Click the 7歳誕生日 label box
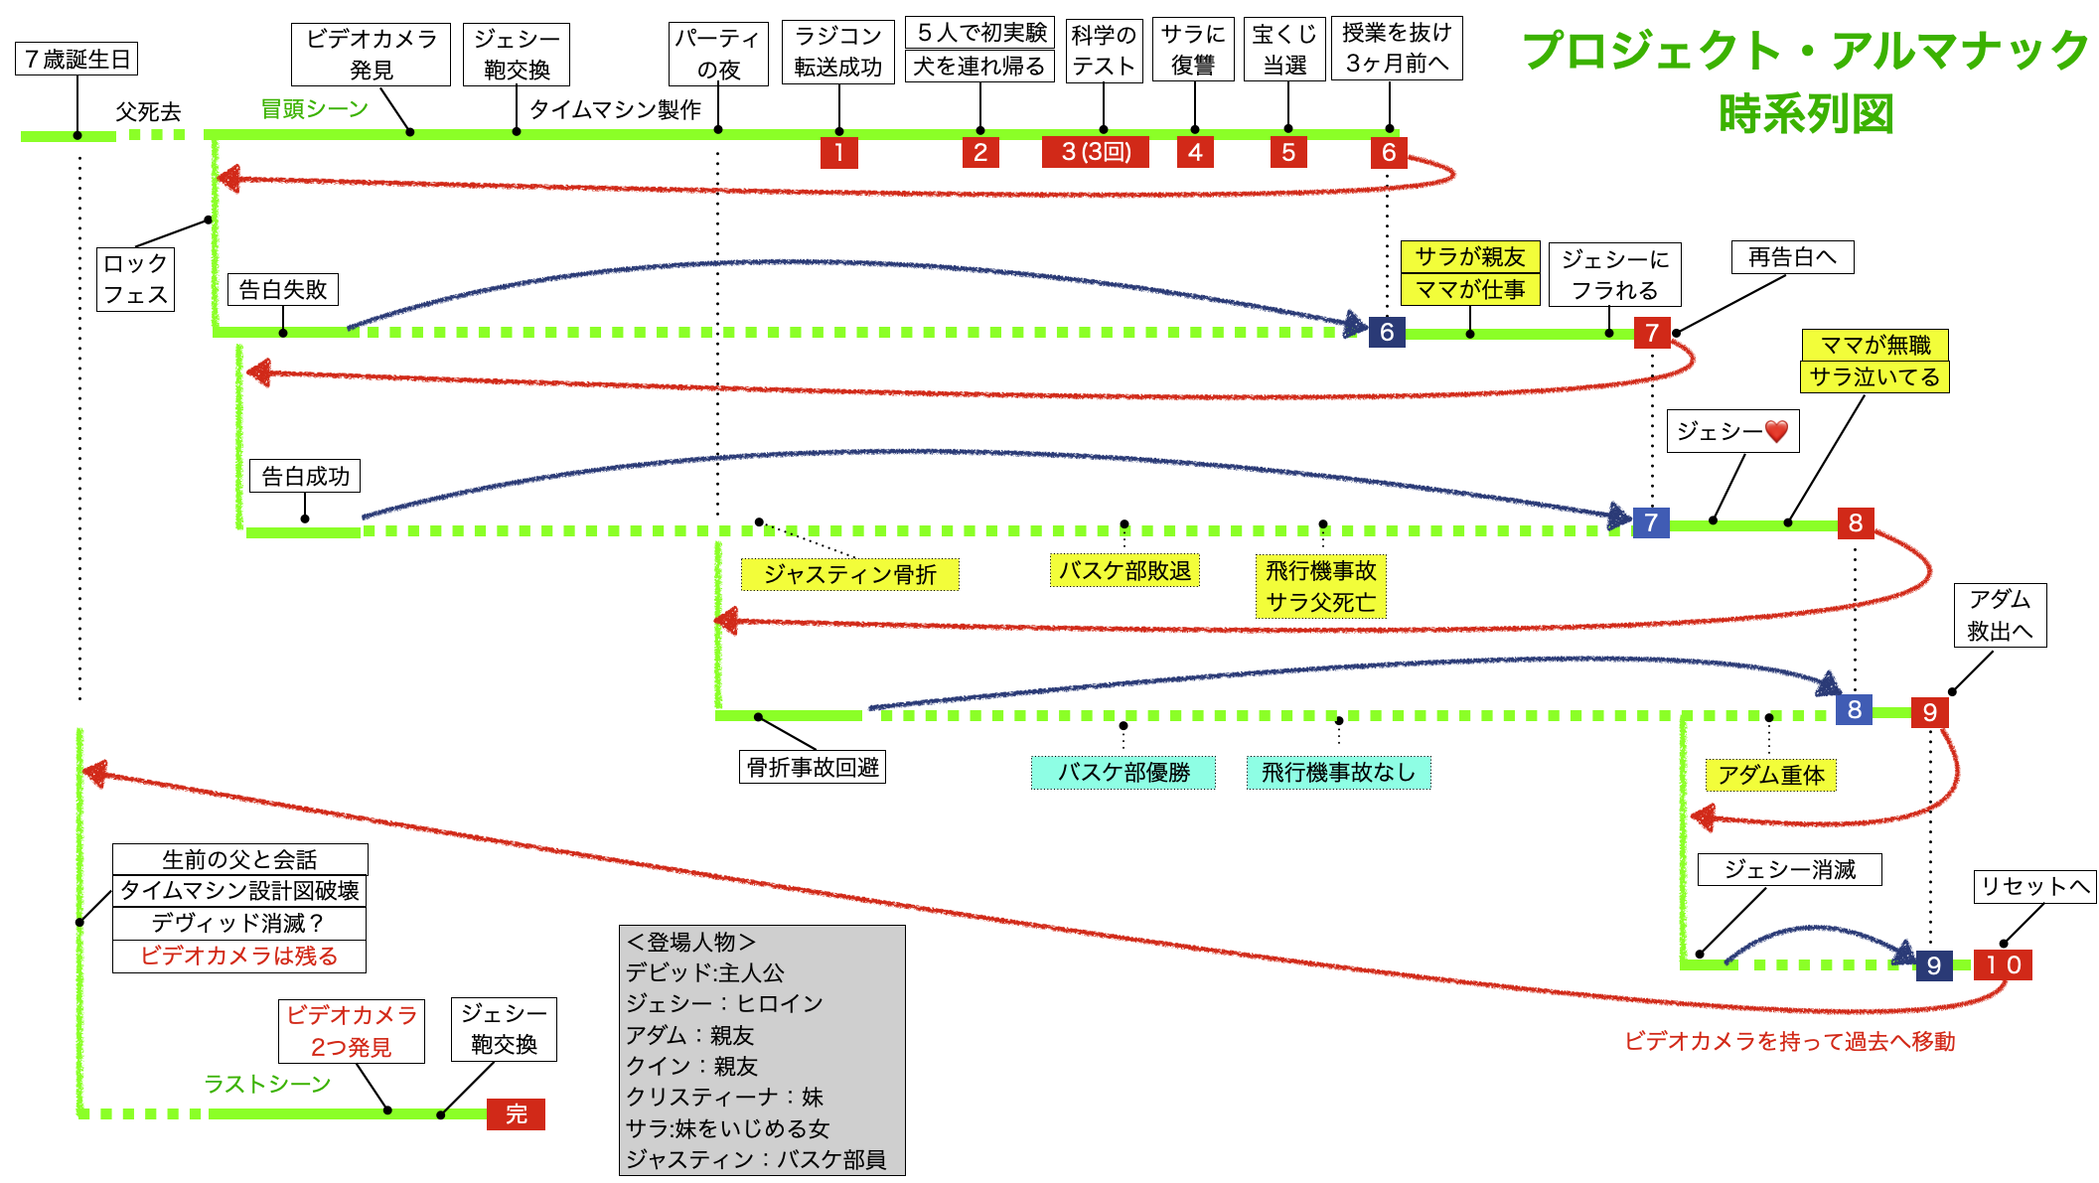pos(76,60)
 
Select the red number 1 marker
pos(839,152)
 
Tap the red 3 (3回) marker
pos(1095,152)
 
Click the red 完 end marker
pos(516,1113)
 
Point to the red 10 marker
pos(2003,964)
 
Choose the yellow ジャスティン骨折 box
pos(849,575)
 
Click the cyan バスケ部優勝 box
pos(1123,773)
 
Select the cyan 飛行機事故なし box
pos(1338,773)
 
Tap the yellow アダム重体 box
pos(1771,775)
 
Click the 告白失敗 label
pos(283,290)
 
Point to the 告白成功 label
pos(305,477)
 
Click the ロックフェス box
pos(135,279)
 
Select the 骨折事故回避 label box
pos(813,767)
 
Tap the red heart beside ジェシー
pos(1777,431)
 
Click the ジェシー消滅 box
pos(1789,870)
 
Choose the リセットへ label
pos(2033,886)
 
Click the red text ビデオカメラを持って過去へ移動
pos(1789,1041)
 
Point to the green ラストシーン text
pos(267,1084)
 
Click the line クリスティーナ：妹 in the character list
pos(724,1097)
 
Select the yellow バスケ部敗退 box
pos(1124,571)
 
